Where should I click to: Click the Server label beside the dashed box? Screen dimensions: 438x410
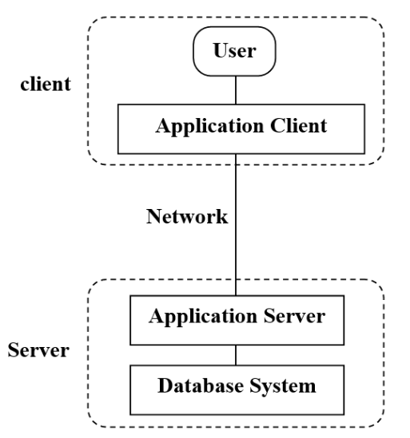tap(38, 351)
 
